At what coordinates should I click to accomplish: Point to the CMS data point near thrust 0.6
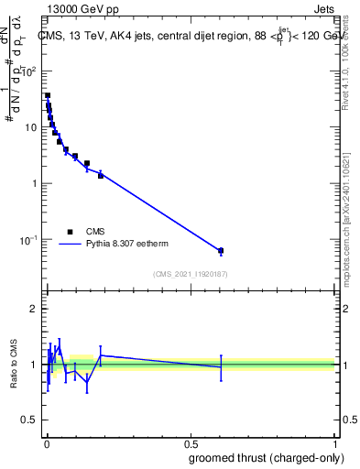coord(221,250)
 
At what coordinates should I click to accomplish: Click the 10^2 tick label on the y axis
coord(30,71)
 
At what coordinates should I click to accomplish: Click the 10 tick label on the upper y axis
coord(32,127)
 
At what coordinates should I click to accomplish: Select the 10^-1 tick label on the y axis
coord(30,240)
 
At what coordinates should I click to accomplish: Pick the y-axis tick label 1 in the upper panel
coord(35,183)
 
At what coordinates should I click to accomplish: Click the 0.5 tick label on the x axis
coord(191,442)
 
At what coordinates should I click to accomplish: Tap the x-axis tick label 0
coord(47,442)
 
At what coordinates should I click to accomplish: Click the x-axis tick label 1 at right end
coord(334,442)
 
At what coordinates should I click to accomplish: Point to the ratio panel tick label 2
coord(35,309)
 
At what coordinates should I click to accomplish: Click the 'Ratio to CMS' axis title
coord(15,365)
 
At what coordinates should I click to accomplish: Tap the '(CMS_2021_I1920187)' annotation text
coord(191,274)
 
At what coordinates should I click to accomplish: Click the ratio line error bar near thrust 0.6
coord(221,367)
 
